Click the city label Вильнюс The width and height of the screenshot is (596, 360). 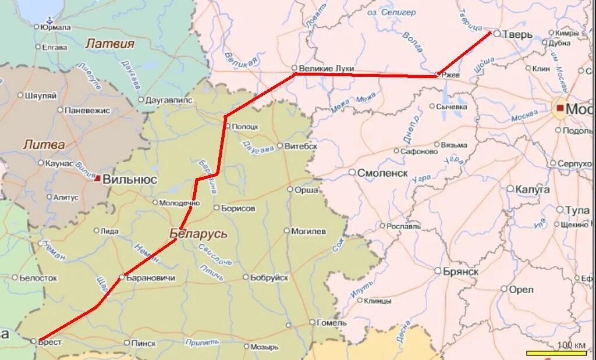click(130, 180)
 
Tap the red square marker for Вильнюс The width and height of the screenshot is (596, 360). click(97, 178)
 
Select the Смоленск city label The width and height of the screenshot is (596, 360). click(382, 173)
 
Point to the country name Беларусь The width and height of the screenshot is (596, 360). click(198, 234)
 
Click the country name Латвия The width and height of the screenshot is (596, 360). click(109, 44)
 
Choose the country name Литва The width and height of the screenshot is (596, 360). click(44, 144)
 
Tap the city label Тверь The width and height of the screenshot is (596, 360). click(518, 35)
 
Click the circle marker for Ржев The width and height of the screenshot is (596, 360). click(438, 74)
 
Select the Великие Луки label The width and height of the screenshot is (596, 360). click(327, 69)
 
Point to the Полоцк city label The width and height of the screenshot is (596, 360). click(245, 126)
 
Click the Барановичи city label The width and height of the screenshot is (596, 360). click(151, 278)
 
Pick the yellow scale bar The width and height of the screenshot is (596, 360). click(556, 353)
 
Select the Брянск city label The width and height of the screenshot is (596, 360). click(460, 272)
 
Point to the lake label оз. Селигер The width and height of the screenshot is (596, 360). click(392, 12)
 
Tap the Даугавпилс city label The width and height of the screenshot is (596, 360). click(169, 100)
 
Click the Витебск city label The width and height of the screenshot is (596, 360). click(300, 146)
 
